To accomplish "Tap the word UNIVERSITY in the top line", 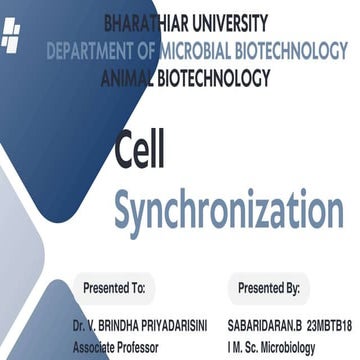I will pyautogui.click(x=232, y=22).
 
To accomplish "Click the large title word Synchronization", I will pyautogui.click(x=228, y=208).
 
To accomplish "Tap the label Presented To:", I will pyautogui.click(x=115, y=287).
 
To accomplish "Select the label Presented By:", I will pyautogui.click(x=269, y=287).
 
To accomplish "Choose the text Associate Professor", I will pyautogui.click(x=114, y=347).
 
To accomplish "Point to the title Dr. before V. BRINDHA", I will pyautogui.click(x=79, y=327).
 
